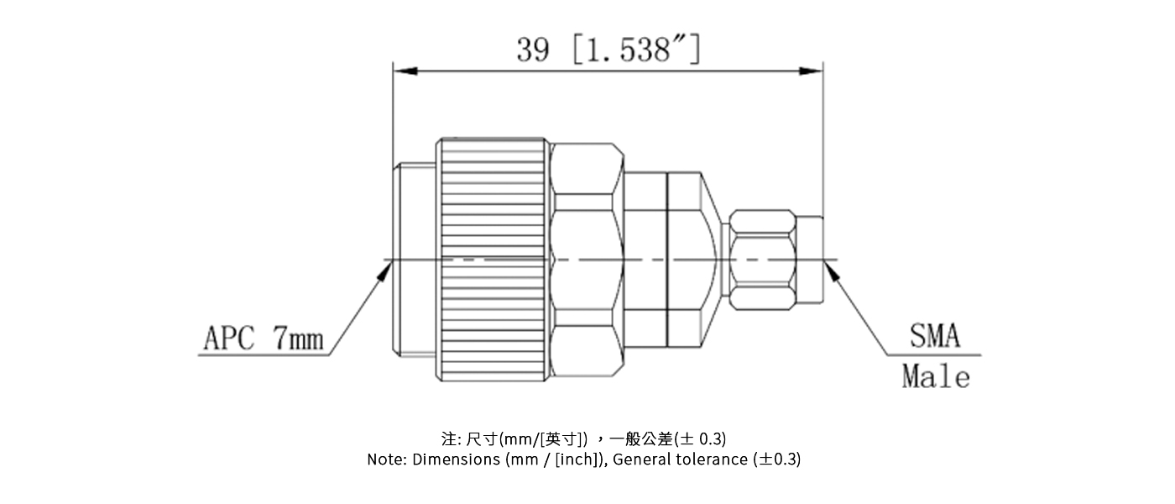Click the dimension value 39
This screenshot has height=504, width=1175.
pos(533,50)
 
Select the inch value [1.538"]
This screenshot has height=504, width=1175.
pos(635,50)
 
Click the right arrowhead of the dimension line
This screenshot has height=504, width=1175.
pos(812,71)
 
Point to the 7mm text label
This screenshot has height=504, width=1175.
pos(298,339)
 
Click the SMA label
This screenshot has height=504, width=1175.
pos(935,338)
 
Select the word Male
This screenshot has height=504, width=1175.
pos(936,377)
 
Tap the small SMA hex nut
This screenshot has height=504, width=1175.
pos(761,260)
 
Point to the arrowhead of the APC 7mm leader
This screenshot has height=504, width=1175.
pos(389,266)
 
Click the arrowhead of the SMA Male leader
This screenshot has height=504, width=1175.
pos(832,267)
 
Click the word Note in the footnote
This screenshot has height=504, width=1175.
pos(384,459)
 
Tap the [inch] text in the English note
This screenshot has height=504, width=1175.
pos(577,459)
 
